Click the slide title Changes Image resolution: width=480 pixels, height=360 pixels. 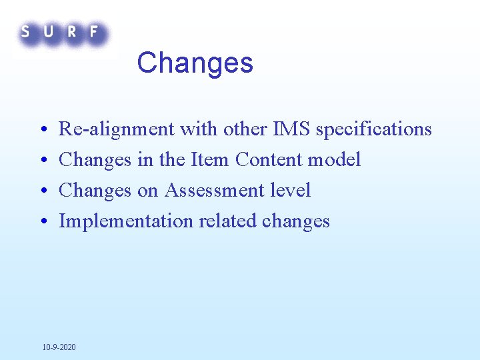tap(195, 63)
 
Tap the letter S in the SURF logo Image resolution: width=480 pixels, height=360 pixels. tap(25, 31)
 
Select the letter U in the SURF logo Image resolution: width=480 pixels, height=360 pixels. tap(48, 31)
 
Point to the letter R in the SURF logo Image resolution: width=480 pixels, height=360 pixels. tap(71, 31)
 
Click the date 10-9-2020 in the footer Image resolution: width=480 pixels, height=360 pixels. tap(59, 347)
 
